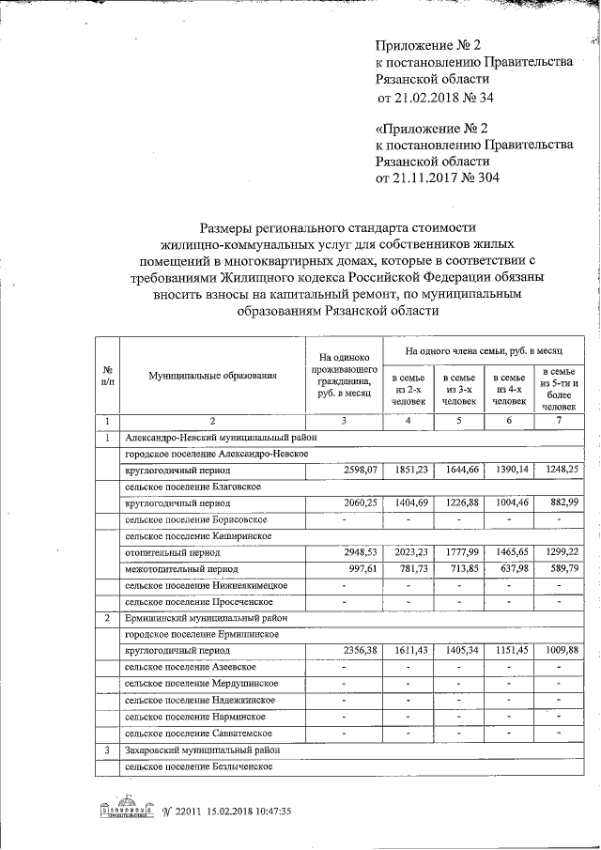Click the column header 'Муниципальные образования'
pos(212,376)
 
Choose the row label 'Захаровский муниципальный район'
pos(202,750)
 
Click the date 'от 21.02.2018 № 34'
pos(434,97)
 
